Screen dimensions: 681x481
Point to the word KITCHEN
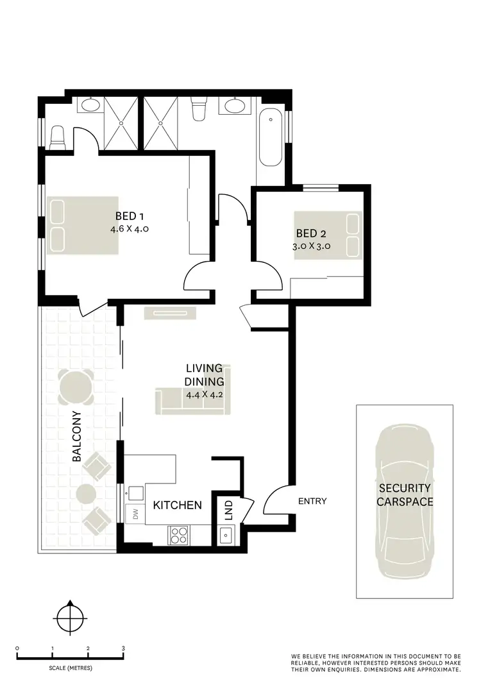point(178,505)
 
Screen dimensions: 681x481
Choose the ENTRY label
point(313,501)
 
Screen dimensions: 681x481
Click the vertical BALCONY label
point(76,436)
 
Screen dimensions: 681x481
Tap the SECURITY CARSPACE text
point(405,495)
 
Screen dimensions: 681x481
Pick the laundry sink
point(226,534)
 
